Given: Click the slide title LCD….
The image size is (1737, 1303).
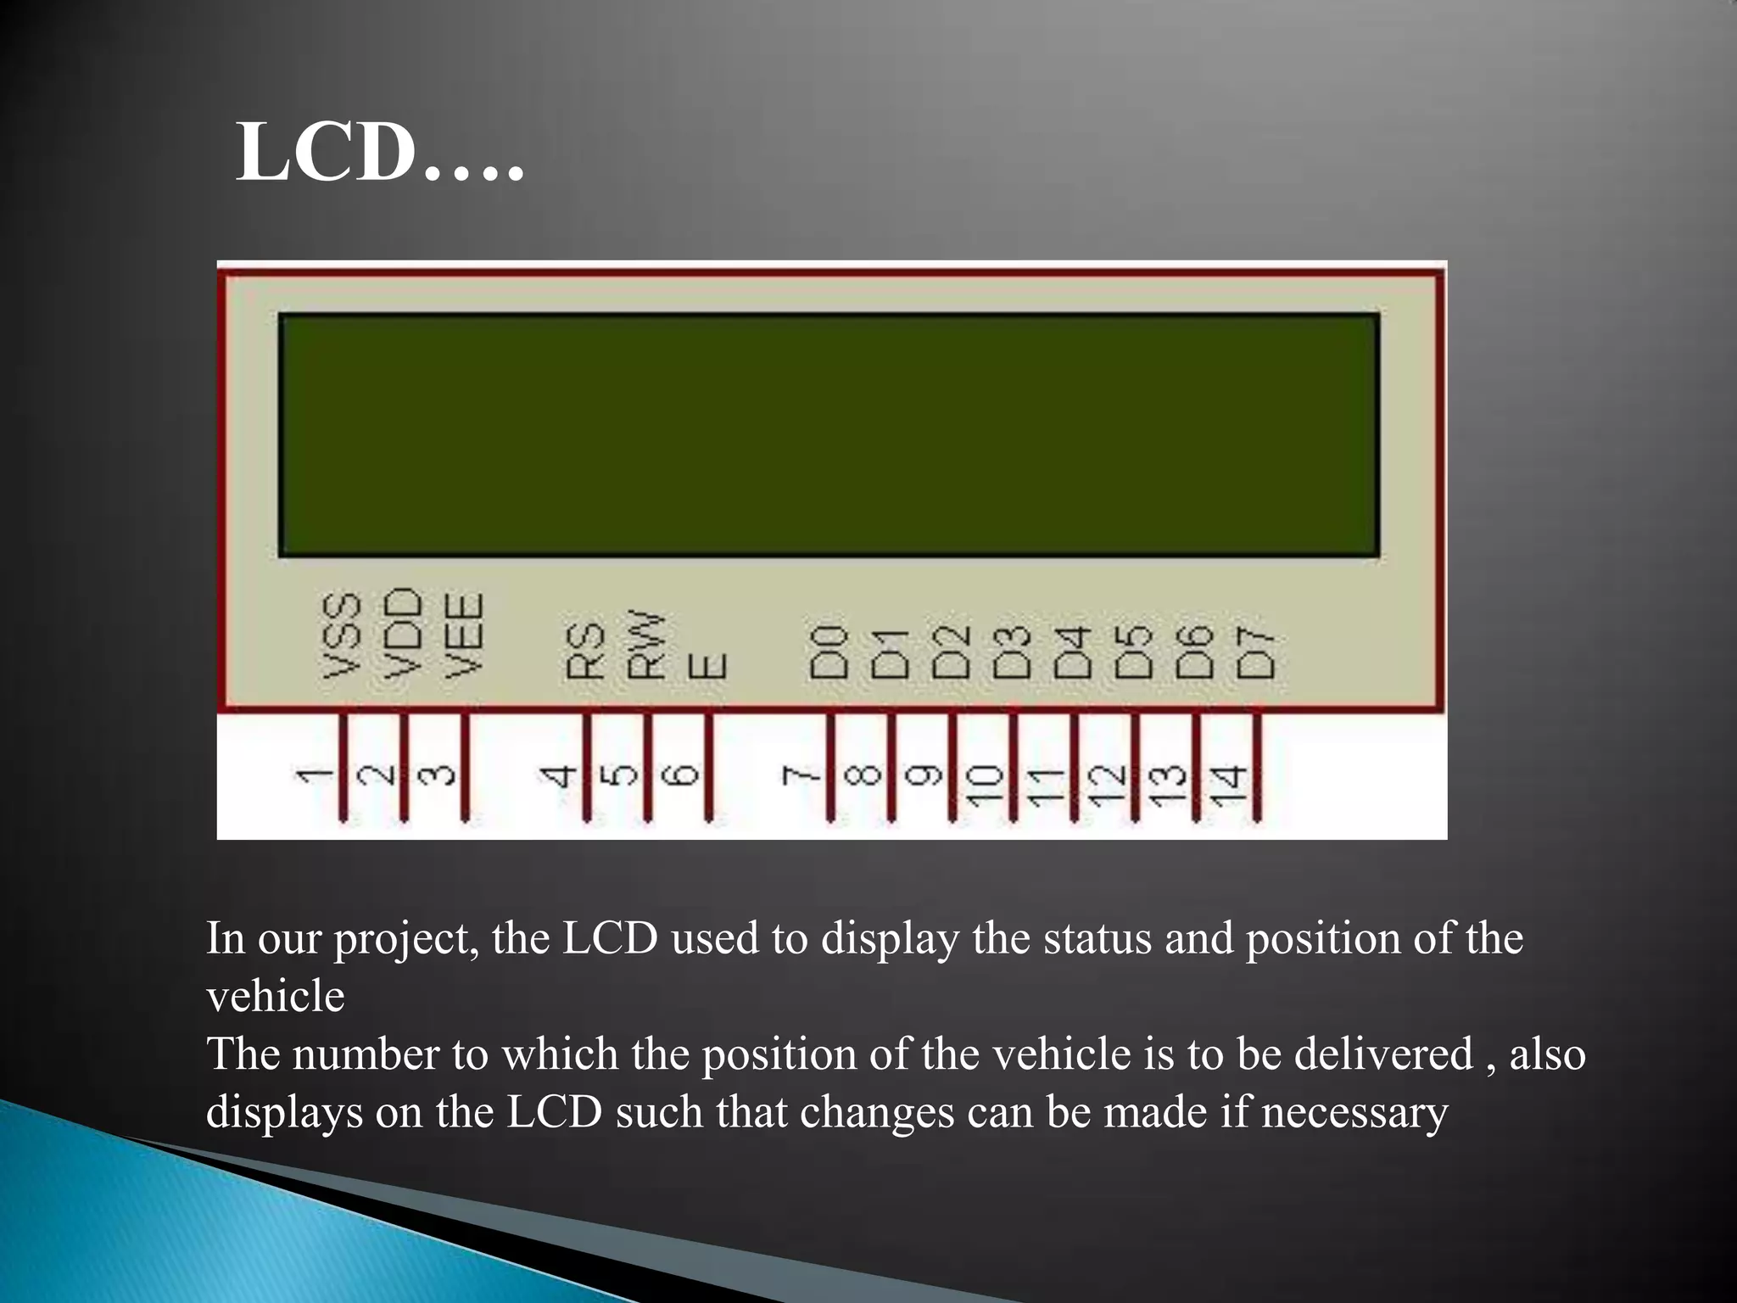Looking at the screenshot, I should [x=380, y=153].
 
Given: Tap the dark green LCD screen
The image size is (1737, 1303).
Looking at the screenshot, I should [x=829, y=435].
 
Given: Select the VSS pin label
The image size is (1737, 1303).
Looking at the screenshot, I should [x=343, y=635].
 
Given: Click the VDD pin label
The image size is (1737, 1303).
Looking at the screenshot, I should [x=404, y=633].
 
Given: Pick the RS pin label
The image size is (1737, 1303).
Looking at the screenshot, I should [x=586, y=651].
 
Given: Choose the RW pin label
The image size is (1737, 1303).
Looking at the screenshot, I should [x=646, y=645].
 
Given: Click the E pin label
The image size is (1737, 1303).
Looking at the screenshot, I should [x=707, y=666].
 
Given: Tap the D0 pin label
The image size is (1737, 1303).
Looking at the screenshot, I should [x=829, y=652].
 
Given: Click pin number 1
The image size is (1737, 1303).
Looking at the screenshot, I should [x=315, y=775].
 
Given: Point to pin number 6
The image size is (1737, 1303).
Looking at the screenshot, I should [x=684, y=775].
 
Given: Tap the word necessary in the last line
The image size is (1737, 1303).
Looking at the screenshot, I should [x=1354, y=1113].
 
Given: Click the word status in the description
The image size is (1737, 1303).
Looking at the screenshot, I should [x=1097, y=939].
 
